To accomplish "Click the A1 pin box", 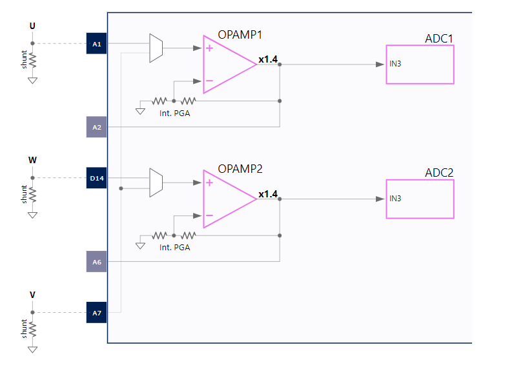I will [x=96, y=44].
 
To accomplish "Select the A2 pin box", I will [x=96, y=127].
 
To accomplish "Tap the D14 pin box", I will [x=96, y=178].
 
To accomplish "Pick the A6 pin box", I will [x=96, y=262].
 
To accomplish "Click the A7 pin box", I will [x=96, y=313].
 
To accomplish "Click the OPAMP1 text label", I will [x=240, y=34].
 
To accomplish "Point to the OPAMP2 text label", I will [x=240, y=169].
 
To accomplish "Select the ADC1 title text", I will [x=438, y=39].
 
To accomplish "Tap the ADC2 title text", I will [x=438, y=173].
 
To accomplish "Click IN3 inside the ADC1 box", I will [x=396, y=64].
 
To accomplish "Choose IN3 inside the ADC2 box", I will [x=396, y=198].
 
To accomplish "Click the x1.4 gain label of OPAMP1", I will [x=267, y=59].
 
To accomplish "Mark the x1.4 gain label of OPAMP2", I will [x=267, y=194].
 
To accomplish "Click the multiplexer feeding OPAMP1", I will [x=156, y=48].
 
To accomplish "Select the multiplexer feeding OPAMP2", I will [x=156, y=183].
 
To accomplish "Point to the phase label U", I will [x=33, y=26].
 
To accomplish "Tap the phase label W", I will [x=32, y=159].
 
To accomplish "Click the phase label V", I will [x=32, y=295].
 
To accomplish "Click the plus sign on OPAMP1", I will [x=209, y=48].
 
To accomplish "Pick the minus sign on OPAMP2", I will [x=209, y=215].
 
